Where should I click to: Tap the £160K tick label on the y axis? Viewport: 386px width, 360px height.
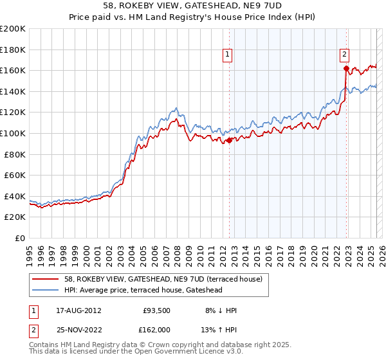[13, 70]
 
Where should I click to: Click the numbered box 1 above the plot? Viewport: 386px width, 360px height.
[229, 55]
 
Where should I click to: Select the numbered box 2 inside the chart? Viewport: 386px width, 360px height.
[345, 55]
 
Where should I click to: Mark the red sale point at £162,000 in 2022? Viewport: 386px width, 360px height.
[346, 68]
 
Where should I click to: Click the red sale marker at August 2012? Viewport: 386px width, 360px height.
[230, 139]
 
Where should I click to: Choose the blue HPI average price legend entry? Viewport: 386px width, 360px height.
[143, 290]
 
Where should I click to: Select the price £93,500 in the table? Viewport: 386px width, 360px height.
[156, 310]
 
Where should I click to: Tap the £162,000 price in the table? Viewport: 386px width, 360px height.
[156, 329]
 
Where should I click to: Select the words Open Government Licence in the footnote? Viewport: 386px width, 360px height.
[183, 352]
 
